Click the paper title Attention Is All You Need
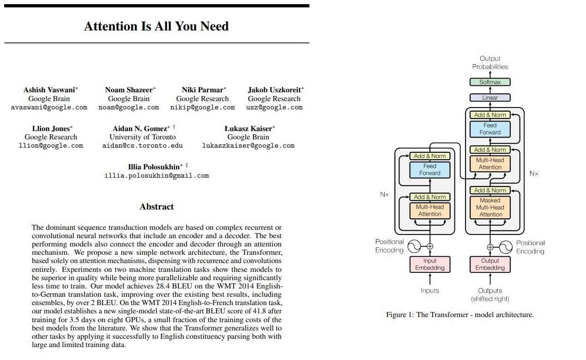tap(156, 26)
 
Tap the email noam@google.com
tap(128, 107)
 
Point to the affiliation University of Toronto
tap(142, 137)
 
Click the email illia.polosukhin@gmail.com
tap(157, 175)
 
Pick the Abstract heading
tap(157, 207)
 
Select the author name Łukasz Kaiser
tap(248, 129)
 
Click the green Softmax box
tap(490, 82)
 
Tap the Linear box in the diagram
tap(490, 97)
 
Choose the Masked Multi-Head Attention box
tap(490, 207)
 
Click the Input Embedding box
tap(430, 264)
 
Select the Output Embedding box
tap(490, 264)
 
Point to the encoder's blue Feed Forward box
tap(430, 170)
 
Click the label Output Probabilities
tap(490, 63)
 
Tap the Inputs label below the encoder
tap(430, 291)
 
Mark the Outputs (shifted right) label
tap(490, 294)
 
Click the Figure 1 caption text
tap(460, 315)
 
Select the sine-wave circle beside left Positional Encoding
tap(414, 246)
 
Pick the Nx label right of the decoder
tap(534, 174)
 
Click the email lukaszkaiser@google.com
tap(248, 145)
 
